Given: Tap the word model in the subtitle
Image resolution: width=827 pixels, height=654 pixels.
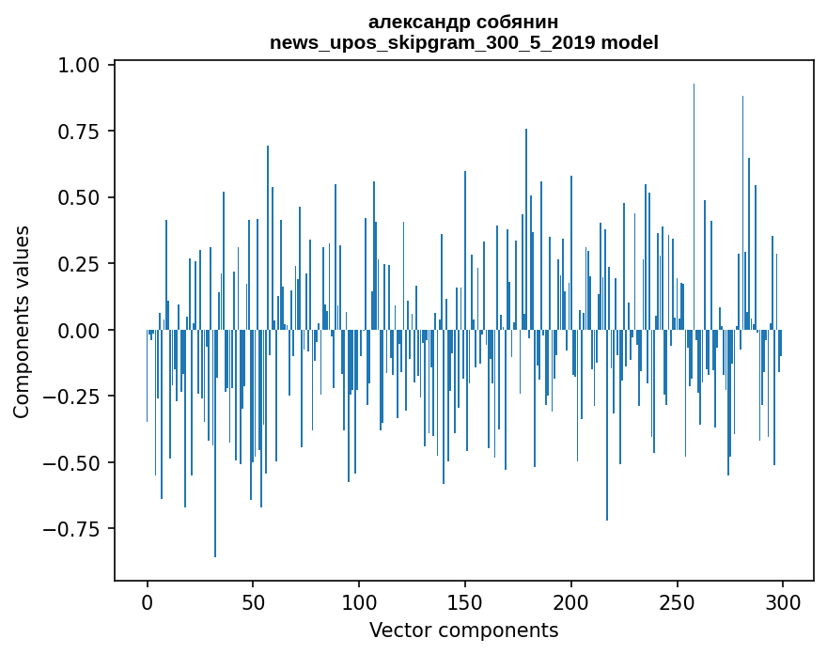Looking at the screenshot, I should click(630, 42).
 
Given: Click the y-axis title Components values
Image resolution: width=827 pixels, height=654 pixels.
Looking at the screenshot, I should click(22, 321).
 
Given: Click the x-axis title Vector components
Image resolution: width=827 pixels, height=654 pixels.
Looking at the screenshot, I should click(464, 630).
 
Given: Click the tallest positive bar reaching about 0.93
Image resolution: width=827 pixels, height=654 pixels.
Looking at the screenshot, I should click(694, 207).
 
